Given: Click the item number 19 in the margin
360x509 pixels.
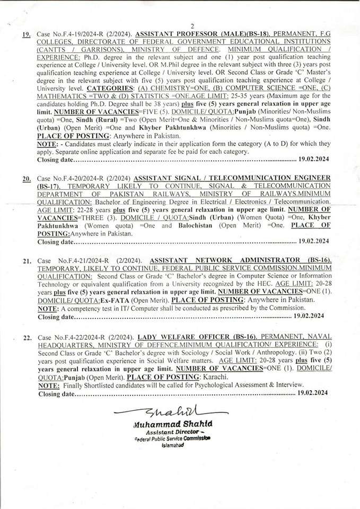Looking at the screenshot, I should (26, 34).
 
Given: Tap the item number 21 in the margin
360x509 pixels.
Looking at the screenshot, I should (27, 262).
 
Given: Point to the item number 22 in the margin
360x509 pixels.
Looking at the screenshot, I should (27, 338).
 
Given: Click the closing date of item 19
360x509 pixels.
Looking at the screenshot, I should (313, 159).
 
